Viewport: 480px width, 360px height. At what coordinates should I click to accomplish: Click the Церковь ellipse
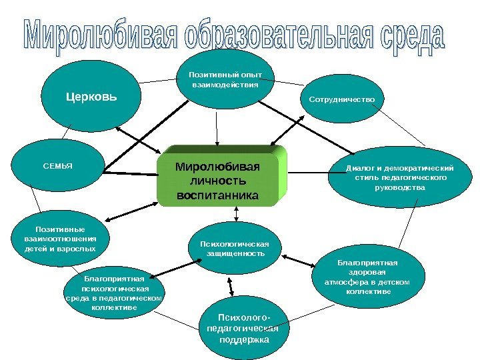(91, 98)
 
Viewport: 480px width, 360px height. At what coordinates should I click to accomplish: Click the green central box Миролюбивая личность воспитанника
(219, 179)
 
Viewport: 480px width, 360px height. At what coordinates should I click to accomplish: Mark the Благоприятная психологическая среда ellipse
(115, 293)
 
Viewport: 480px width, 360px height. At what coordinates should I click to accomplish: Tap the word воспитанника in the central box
(217, 196)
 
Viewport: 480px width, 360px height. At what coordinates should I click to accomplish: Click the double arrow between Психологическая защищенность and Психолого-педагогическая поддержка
(231, 286)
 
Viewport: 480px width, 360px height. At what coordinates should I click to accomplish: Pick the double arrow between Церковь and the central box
(139, 141)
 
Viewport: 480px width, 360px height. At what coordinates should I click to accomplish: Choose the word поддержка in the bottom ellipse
(244, 340)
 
